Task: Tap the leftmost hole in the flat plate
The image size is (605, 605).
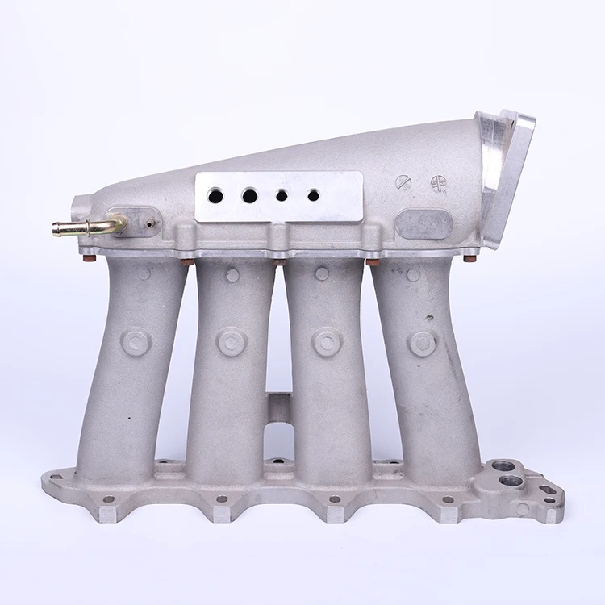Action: [x=215, y=195]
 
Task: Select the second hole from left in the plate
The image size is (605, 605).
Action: [x=249, y=195]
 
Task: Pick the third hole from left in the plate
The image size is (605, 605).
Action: [x=282, y=195]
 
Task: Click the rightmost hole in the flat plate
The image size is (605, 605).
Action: [x=313, y=195]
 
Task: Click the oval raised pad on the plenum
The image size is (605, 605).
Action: [x=424, y=223]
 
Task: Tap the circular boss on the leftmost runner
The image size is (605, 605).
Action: [x=136, y=341]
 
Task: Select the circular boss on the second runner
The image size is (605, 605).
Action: [x=232, y=341]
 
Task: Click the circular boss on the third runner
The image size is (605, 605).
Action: [x=327, y=341]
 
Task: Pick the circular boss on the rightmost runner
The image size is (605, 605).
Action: [x=423, y=343]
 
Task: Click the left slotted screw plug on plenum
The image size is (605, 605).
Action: [x=403, y=183]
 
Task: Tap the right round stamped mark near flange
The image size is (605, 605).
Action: [x=438, y=183]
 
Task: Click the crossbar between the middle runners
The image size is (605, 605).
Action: [x=279, y=407]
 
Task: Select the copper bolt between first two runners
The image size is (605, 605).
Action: [x=187, y=262]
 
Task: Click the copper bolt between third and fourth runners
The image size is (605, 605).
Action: [x=373, y=262]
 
